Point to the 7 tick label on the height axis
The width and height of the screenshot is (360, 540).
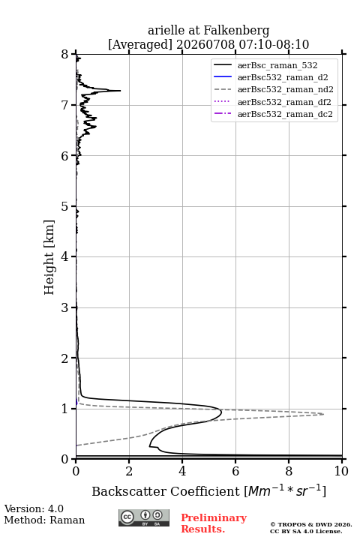[x=64, y=105]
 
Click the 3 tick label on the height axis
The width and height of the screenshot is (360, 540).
[x=64, y=307]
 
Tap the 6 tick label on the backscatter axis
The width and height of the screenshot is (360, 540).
[x=235, y=471]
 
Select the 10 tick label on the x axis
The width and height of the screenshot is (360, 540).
[x=341, y=471]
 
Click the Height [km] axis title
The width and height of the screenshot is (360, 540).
[x=49, y=257]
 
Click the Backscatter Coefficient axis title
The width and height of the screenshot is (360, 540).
[x=208, y=491]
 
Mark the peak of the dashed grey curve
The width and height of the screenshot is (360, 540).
[x=323, y=414]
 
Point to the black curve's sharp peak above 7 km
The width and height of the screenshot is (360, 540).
[x=120, y=91]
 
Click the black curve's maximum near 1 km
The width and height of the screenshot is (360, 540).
[x=221, y=411]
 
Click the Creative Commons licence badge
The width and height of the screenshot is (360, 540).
[x=144, y=517]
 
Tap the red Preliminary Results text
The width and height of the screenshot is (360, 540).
[x=214, y=523]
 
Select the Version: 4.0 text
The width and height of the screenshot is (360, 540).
[x=34, y=508]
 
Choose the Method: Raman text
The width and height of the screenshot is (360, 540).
[x=44, y=520]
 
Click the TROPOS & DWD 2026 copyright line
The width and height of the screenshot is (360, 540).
[x=311, y=524]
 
